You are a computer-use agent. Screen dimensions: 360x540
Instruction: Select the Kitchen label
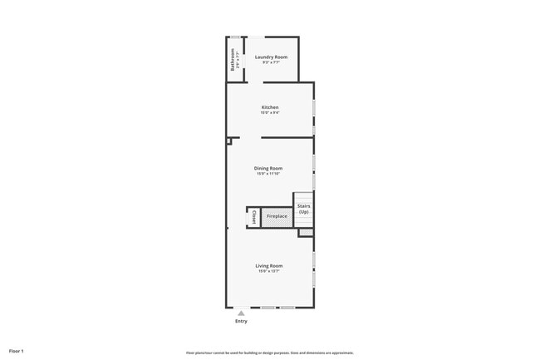[270, 107]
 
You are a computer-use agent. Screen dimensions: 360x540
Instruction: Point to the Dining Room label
[268, 168]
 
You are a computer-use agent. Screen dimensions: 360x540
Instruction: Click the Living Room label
[269, 265]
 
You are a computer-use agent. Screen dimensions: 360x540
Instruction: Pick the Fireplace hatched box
[277, 217]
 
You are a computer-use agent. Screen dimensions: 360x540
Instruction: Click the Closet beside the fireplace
[253, 216]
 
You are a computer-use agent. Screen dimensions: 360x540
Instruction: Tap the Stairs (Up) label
[303, 209]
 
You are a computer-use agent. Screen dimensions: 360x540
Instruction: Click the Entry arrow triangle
[241, 313]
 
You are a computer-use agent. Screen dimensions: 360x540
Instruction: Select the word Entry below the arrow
[241, 321]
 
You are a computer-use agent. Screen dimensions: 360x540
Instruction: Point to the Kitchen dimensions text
[270, 113]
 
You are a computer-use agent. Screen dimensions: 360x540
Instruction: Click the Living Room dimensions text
[269, 271]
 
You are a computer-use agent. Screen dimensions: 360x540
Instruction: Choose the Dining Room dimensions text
[268, 174]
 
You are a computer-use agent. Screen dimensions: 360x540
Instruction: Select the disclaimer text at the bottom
[270, 352]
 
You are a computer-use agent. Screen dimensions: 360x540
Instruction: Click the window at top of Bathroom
[235, 37]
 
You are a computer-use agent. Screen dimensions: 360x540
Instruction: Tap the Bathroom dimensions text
[238, 61]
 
